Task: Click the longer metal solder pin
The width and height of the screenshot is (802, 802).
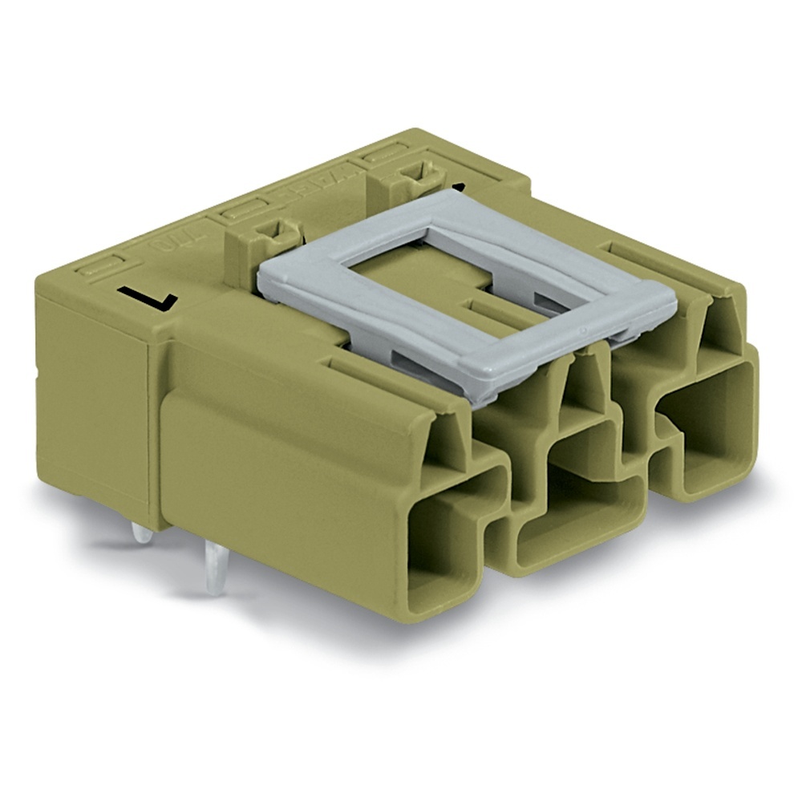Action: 214,569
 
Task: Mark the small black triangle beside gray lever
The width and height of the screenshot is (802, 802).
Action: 460,188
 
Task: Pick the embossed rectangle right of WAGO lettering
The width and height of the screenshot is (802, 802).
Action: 385,153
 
